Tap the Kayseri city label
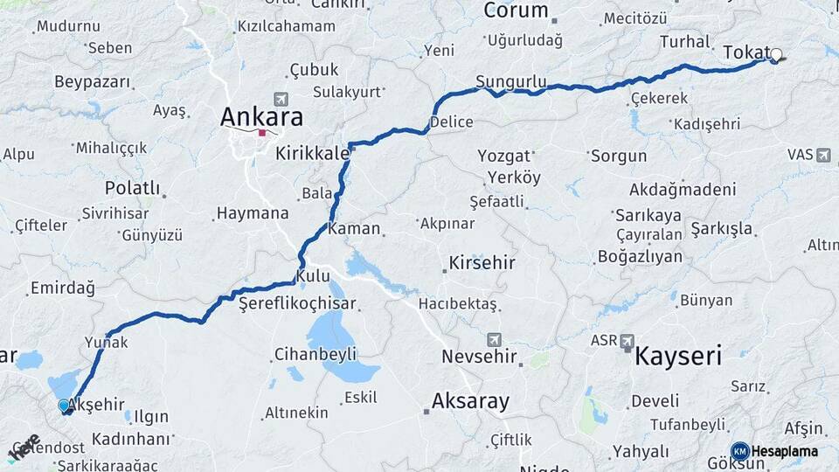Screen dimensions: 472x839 [678, 356]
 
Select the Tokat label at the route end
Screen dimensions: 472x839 [745, 53]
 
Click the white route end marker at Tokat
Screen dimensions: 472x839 [775, 55]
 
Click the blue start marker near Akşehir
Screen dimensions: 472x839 [64, 406]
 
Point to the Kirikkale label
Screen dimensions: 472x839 [312, 153]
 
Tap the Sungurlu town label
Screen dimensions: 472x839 [510, 83]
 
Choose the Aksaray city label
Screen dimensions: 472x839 [470, 401]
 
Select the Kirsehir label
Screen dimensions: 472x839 [482, 263]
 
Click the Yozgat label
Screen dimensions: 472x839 [503, 156]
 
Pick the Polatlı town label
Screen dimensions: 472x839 [132, 188]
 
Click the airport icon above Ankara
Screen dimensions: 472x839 [280, 99]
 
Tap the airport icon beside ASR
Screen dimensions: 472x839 [628, 341]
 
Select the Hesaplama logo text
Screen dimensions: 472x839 [784, 451]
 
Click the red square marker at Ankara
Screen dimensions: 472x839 [261, 133]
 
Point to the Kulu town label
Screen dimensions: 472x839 [313, 276]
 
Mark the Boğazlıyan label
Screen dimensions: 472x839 [640, 256]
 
